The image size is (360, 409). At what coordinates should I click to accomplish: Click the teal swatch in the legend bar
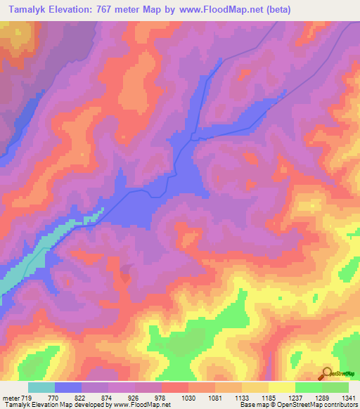41,387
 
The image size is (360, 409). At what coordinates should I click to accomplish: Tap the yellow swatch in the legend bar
282,387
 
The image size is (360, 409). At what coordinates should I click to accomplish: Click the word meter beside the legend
11,397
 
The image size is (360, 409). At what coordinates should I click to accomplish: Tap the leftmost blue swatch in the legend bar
68,387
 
